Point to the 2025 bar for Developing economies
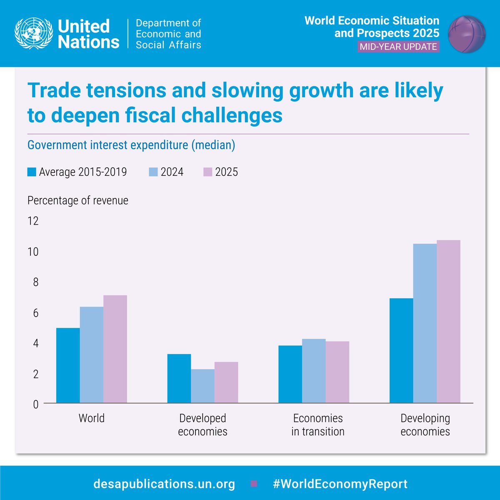click(449, 322)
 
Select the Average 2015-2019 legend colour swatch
click(32, 172)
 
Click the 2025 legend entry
click(221, 172)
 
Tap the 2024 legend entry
click(166, 172)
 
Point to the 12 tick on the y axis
click(33, 221)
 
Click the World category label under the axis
click(91, 418)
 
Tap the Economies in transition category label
click(318, 425)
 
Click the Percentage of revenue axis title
click(78, 200)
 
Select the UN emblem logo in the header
click(33, 33)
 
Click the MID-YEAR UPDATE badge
click(398, 46)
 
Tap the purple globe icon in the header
click(467, 34)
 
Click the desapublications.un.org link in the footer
click(164, 484)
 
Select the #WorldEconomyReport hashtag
click(340, 484)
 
